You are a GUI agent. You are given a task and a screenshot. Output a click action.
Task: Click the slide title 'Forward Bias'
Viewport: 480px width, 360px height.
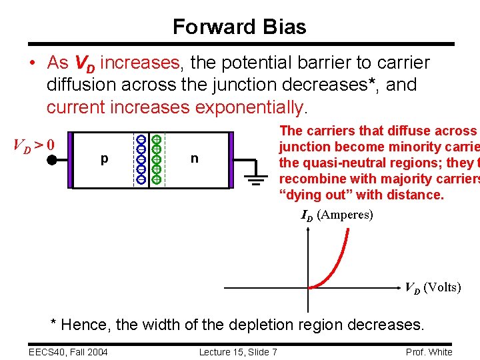pos(239,27)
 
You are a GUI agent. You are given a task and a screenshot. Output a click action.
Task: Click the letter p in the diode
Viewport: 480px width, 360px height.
pos(104,159)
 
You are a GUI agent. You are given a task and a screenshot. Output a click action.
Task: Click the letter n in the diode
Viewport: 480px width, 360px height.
pos(194,159)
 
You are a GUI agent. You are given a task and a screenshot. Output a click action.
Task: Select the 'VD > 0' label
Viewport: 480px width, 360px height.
pos(35,144)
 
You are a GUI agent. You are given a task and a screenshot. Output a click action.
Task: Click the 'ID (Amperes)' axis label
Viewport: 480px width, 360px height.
pos(337,215)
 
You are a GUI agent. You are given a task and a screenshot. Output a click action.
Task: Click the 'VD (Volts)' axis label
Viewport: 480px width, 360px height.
pos(433,287)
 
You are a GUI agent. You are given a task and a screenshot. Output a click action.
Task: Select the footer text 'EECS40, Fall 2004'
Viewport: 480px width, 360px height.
pos(69,352)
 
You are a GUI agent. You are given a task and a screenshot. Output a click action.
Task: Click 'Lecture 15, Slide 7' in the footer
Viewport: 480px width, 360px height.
pos(238,352)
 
